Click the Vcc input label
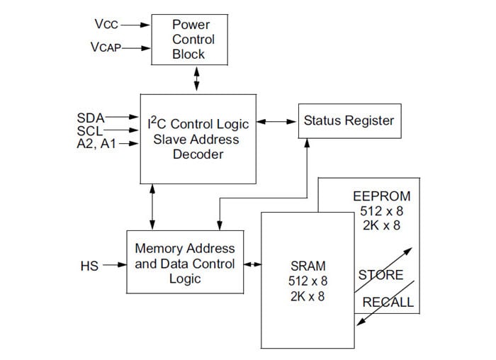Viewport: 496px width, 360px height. (106, 23)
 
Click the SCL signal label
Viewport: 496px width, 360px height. (90, 130)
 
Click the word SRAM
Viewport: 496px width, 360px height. (308, 266)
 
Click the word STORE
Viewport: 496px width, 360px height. (381, 275)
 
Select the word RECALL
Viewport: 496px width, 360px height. (388, 303)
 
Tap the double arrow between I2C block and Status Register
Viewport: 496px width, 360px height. (276, 121)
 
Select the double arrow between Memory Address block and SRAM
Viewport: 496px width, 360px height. (252, 265)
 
